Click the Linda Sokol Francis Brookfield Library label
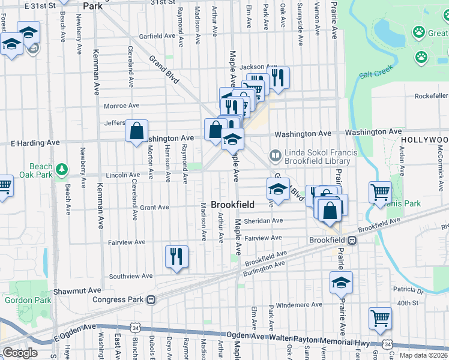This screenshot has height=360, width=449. (x=317, y=157)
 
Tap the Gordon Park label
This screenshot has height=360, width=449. (x=20, y=300)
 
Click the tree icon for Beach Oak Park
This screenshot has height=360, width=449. (x=61, y=170)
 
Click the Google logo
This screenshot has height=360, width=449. (x=20, y=352)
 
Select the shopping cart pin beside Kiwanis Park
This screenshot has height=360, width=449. (x=380, y=192)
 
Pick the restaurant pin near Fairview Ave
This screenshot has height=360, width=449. (x=176, y=257)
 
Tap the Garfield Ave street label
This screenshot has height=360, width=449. (x=157, y=36)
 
